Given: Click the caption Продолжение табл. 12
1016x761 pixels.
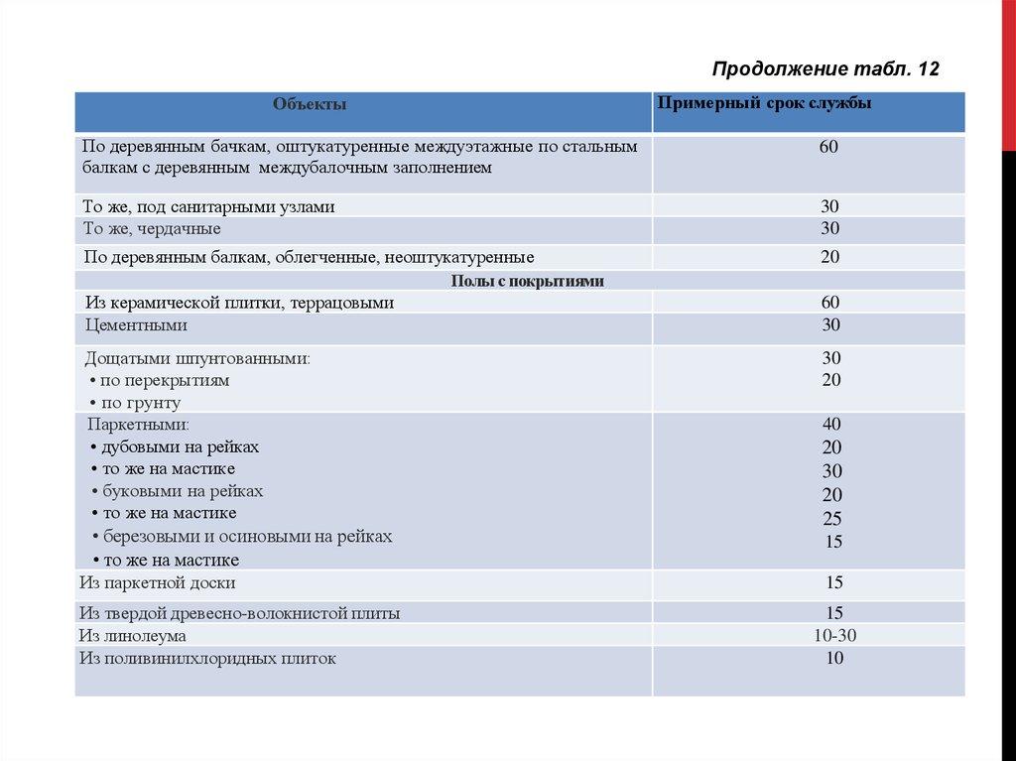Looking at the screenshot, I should pyautogui.click(x=825, y=68).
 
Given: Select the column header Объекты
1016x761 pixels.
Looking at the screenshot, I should pyautogui.click(x=311, y=104).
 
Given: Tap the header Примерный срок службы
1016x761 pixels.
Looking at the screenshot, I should pyautogui.click(x=764, y=104).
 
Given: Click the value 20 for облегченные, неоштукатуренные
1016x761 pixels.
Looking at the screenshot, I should pyautogui.click(x=830, y=257).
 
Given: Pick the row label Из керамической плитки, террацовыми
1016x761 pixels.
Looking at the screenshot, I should pyautogui.click(x=239, y=303).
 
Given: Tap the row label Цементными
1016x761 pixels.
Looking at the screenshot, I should pyautogui.click(x=136, y=324).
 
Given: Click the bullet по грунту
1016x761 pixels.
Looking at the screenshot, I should pyautogui.click(x=141, y=403).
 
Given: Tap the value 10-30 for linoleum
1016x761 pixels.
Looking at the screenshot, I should pyautogui.click(x=832, y=635).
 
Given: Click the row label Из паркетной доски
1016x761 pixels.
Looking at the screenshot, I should pyautogui.click(x=158, y=582).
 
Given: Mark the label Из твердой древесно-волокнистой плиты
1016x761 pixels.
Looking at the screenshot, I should pyautogui.click(x=240, y=613).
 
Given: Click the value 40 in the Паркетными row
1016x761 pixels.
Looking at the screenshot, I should pyautogui.click(x=831, y=425).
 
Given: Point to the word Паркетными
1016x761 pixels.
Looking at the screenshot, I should pyautogui.click(x=138, y=425).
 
